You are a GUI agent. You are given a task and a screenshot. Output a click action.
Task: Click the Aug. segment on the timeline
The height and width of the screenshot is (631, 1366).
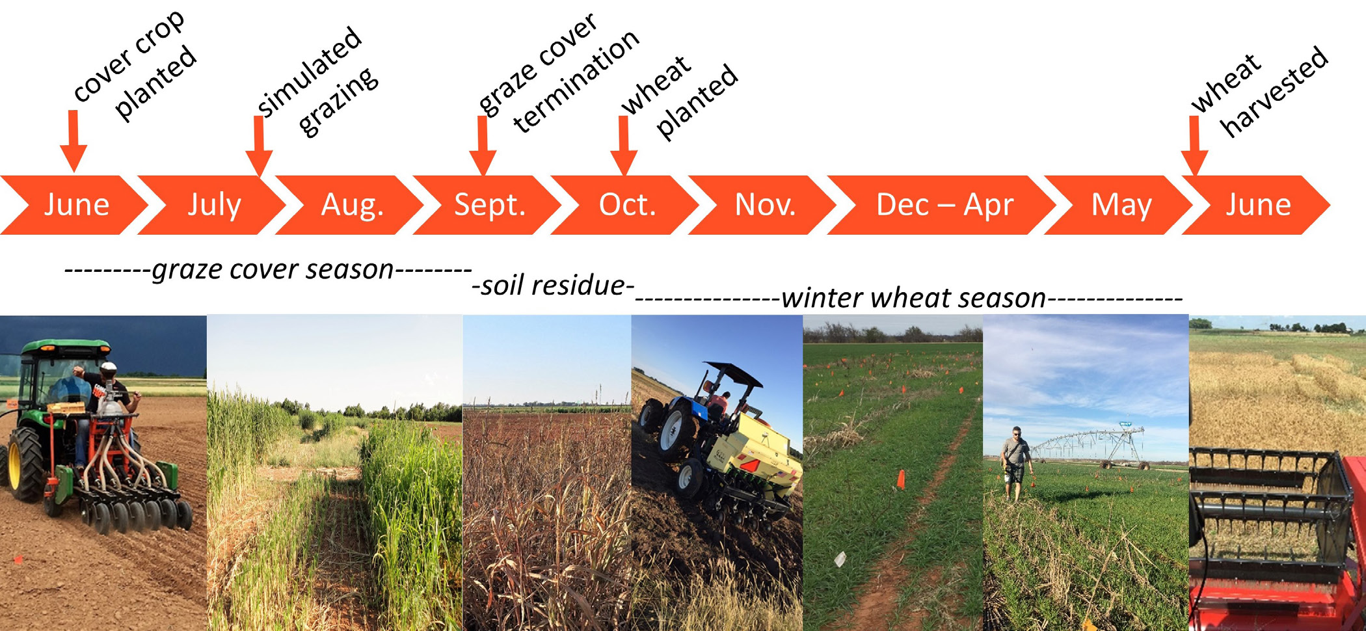[351, 205]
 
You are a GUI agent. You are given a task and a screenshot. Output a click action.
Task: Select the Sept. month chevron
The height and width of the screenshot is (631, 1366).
[489, 205]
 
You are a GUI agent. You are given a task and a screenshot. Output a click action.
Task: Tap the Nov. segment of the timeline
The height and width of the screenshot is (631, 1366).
[765, 205]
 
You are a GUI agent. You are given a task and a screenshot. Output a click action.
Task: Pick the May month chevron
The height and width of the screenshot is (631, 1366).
[1121, 205]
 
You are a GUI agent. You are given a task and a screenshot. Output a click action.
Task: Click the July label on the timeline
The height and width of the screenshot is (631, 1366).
[214, 205]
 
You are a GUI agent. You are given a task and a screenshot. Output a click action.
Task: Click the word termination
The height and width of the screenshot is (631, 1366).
[576, 82]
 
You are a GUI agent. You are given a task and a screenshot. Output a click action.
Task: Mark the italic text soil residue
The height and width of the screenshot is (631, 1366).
[553, 286]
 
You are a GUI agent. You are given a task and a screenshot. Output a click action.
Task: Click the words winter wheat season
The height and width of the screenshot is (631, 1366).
[913, 298]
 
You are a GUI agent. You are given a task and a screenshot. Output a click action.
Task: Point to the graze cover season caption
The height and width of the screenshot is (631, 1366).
[273, 269]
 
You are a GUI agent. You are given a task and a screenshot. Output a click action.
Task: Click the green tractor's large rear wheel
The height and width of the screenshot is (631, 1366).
[25, 463]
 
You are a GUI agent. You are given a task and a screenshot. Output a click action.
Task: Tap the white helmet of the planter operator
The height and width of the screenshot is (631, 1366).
[109, 368]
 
